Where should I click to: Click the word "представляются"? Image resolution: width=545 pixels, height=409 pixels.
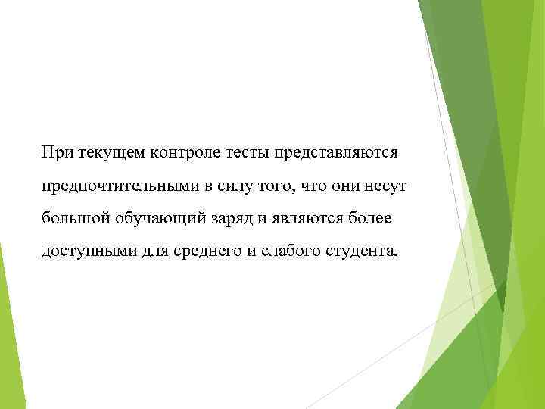[338, 155]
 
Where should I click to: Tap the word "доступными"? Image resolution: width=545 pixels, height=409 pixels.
[89, 252]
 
